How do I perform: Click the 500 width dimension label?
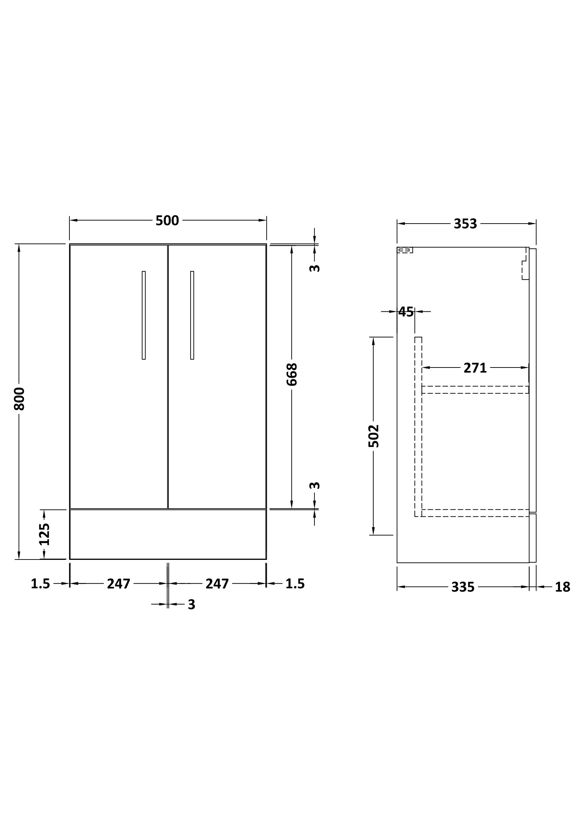click(167, 221)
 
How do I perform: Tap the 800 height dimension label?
click(19, 399)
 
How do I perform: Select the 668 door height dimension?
click(292, 375)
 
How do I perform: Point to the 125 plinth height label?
click(44, 534)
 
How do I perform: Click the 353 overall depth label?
click(465, 224)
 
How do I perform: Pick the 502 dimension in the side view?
click(373, 436)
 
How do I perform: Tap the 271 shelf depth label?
click(475, 368)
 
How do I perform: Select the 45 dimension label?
click(406, 312)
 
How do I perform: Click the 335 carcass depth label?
click(463, 587)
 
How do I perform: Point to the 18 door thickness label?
click(562, 587)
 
